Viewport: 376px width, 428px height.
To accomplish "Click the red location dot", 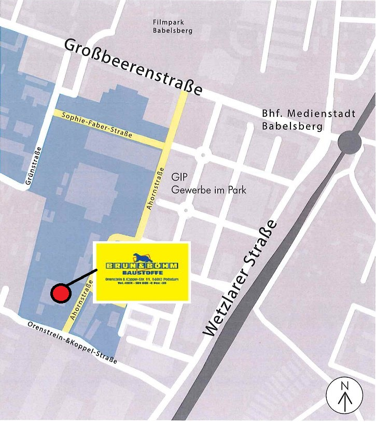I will pyautogui.click(x=61, y=293).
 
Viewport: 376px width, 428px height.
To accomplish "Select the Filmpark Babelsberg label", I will pyautogui.click(x=173, y=26).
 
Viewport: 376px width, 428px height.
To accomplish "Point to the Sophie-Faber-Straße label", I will pyautogui.click(x=97, y=125).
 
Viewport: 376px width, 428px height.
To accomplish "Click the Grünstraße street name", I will pyautogui.click(x=33, y=166).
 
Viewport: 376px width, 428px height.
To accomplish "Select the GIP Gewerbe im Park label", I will pyautogui.click(x=208, y=184).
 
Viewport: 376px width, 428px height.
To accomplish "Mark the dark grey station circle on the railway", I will pyautogui.click(x=350, y=141).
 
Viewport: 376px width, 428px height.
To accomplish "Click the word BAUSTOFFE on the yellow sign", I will pyautogui.click(x=142, y=272).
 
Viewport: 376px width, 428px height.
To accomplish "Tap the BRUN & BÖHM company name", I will pyautogui.click(x=142, y=265).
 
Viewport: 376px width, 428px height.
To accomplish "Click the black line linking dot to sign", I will pyautogui.click(x=81, y=279).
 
